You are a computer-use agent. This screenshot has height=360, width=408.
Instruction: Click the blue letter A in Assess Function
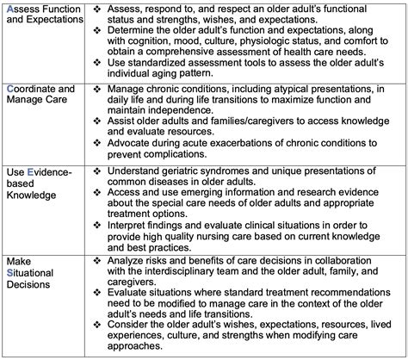pos(9,9)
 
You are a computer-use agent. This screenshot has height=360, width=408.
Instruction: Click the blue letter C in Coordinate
pos(9,90)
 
